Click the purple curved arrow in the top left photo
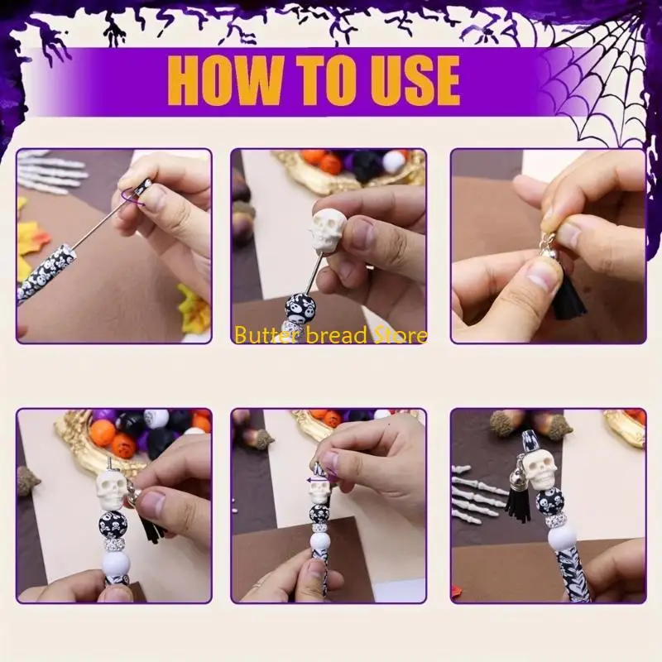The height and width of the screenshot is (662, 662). click(x=132, y=198)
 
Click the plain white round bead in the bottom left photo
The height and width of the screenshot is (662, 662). click(x=116, y=564)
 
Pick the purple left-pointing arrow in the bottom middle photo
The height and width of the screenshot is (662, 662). click(x=318, y=480)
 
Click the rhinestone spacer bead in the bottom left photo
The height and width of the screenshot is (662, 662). click(x=113, y=544)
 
